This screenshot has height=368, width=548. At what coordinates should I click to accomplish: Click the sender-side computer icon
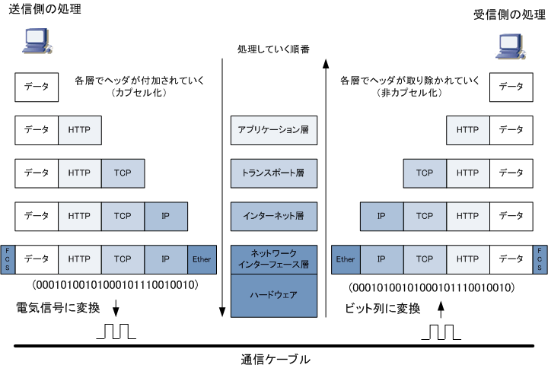coord(37,41)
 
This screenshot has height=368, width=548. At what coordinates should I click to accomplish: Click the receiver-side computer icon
coord(511,46)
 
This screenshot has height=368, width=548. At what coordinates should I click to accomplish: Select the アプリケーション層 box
coord(274,130)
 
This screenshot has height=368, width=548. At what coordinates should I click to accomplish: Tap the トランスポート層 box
coord(274,173)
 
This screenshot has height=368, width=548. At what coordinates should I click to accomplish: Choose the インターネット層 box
coord(274,216)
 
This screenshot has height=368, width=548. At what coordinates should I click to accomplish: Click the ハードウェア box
coord(274,295)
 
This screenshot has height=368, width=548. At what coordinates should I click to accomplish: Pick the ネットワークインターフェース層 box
coord(274,259)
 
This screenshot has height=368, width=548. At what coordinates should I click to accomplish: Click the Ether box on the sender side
coord(202,259)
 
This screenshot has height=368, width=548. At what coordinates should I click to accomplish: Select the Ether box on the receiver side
coord(346,259)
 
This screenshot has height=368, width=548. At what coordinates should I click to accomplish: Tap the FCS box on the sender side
coord(8,259)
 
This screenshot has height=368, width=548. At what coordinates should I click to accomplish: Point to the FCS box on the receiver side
coord(540,259)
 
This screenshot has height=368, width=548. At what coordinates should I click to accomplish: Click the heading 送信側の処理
coord(45,9)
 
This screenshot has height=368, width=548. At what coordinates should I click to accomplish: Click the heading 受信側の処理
coord(509,14)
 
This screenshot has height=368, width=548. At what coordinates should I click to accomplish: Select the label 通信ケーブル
coord(276,360)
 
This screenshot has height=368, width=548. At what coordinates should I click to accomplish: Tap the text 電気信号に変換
coord(58,308)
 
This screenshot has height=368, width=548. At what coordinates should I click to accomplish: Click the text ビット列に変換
coord(382,309)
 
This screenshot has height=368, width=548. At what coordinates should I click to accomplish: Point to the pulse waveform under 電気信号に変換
coord(116,332)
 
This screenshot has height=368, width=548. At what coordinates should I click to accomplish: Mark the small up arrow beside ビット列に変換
coord(441,309)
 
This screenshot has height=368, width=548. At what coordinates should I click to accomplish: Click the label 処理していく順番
coord(273,49)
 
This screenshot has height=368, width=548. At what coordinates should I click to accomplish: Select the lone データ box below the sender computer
coord(37,87)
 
